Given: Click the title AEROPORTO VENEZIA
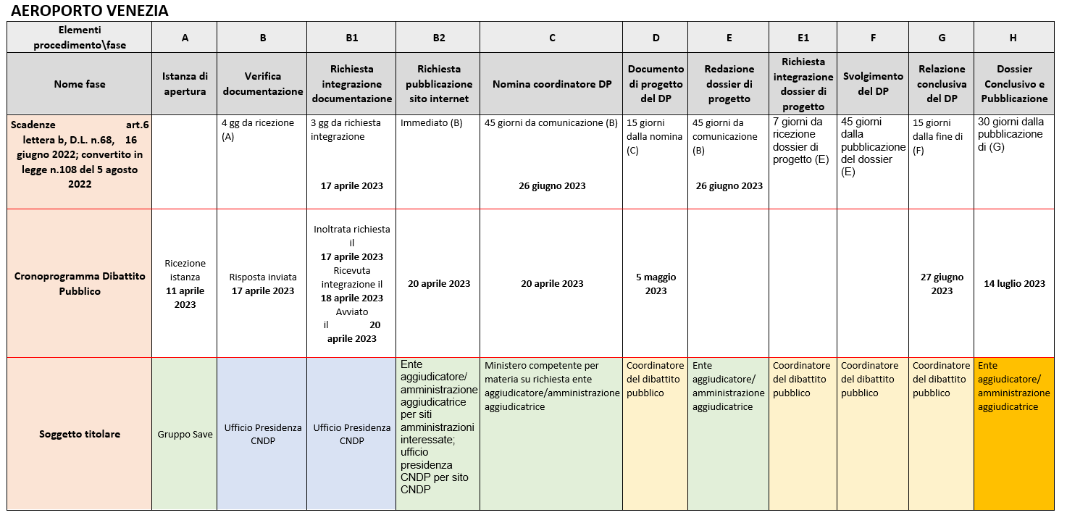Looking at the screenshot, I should coord(90,11).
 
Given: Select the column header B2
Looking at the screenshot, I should coord(439,38).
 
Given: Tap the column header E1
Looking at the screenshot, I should coord(803,38).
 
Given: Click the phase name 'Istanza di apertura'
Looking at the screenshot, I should coord(185,83).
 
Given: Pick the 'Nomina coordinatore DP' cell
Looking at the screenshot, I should coord(552,84).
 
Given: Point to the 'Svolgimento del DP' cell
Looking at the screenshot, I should coord(873,83).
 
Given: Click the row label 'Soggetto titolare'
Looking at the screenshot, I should coord(80,434).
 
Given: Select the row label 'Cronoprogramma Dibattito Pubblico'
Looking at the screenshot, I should coord(80,283).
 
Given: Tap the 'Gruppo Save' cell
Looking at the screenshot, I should coord(185,435).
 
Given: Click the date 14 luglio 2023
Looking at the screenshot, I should coord(1014,283).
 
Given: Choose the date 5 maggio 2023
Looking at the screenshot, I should coord(656,283).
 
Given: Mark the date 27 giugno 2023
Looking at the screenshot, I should coord(942,283).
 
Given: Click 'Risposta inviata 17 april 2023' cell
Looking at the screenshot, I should coord(262,283).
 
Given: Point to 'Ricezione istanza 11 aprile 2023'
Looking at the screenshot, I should coord(185,283).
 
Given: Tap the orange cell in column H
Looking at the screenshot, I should coord(1014,435).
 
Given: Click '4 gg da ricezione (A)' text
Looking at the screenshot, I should coord(258,128).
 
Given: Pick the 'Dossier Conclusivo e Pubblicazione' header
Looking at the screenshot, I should coord(1014,83).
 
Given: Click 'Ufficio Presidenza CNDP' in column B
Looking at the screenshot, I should coord(262,434).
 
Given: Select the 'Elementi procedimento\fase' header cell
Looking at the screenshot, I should coord(80,37).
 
